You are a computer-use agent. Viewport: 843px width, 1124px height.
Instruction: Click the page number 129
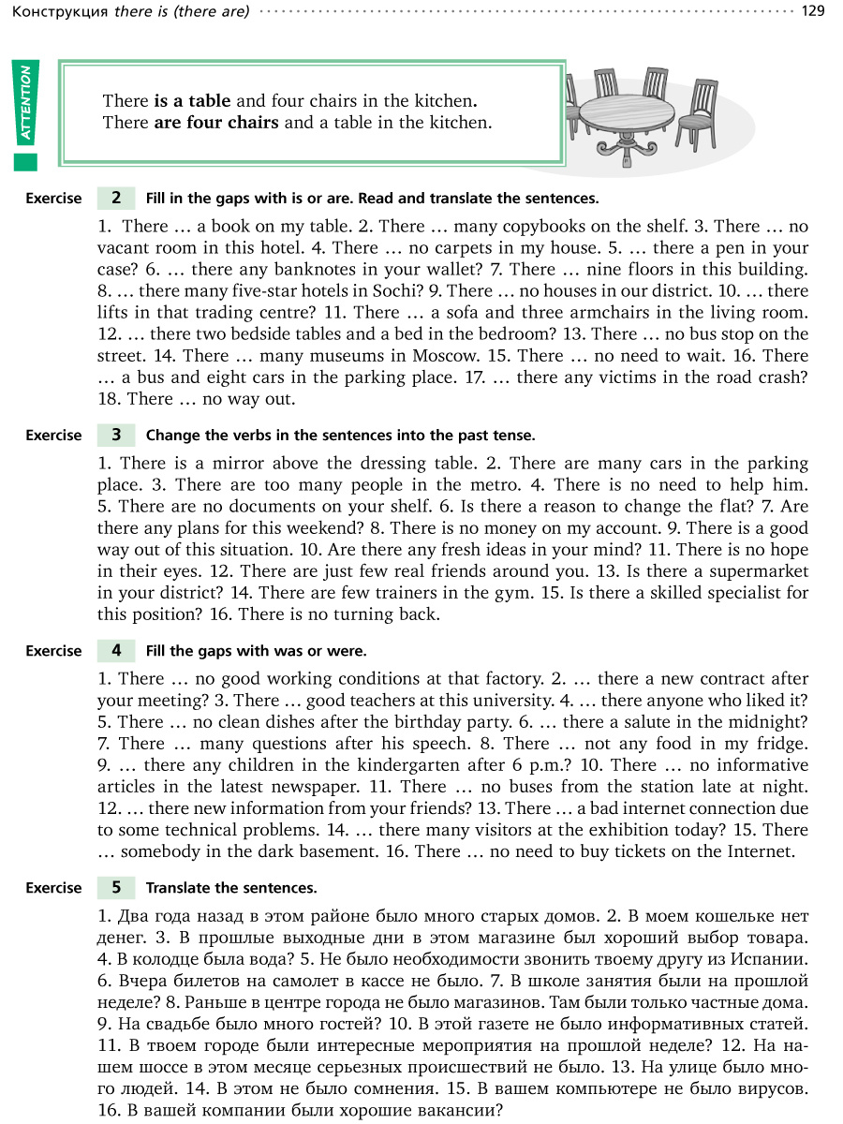point(813,11)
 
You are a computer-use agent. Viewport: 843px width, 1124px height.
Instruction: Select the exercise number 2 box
point(116,198)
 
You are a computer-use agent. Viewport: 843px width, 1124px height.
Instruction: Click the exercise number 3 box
point(116,435)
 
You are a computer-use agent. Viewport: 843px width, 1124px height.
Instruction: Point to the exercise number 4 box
point(116,650)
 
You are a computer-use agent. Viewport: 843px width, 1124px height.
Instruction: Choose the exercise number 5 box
point(116,887)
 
